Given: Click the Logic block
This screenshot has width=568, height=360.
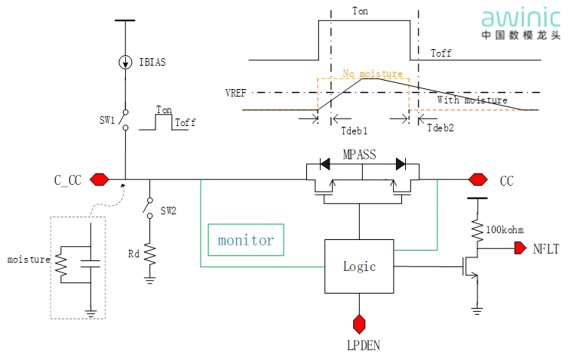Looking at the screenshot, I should click(359, 266).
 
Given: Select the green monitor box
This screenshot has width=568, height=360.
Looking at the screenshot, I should click(246, 240).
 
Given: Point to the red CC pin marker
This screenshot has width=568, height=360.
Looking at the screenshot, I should click(477, 180).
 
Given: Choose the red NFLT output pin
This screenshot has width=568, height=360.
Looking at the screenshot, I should click(521, 248).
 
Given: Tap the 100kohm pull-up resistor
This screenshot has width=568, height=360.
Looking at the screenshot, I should click(477, 228).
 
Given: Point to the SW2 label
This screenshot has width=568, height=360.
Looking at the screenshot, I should click(168, 211).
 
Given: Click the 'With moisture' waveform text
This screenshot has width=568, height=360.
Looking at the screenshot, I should click(472, 100).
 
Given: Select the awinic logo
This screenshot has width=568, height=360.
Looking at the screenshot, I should click(520, 22).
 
